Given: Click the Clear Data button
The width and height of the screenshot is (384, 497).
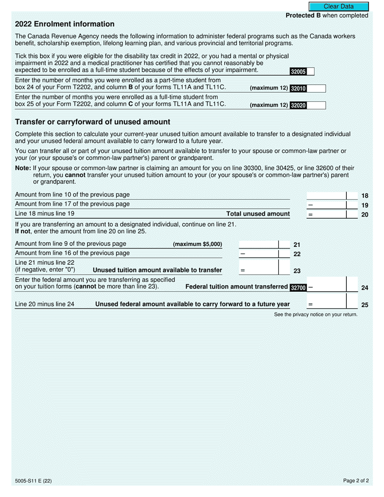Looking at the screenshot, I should point(339,6).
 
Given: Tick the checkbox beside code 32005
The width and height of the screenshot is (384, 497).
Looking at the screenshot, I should point(310,72).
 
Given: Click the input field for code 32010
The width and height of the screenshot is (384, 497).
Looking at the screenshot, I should point(316,88).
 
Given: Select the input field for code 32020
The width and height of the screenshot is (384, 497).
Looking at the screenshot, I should point(316,105).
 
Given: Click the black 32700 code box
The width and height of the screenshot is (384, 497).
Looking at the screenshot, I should point(298,288).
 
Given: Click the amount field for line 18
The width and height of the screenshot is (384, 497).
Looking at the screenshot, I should point(326,196).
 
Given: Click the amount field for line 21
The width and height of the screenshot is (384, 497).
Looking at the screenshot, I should point(259,244).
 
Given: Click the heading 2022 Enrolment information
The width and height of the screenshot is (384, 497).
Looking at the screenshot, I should point(65,24).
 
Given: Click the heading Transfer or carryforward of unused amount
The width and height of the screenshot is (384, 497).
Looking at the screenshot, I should point(93,122).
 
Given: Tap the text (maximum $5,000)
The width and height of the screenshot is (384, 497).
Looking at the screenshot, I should point(197,244).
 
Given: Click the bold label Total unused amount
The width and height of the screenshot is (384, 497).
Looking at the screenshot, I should point(258,214).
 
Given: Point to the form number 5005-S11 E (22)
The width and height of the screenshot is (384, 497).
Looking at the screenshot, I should point(33,481).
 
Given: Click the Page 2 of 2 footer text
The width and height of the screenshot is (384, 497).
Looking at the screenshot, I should point(356,481).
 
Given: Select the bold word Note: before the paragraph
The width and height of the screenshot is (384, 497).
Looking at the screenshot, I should point(23,168).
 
